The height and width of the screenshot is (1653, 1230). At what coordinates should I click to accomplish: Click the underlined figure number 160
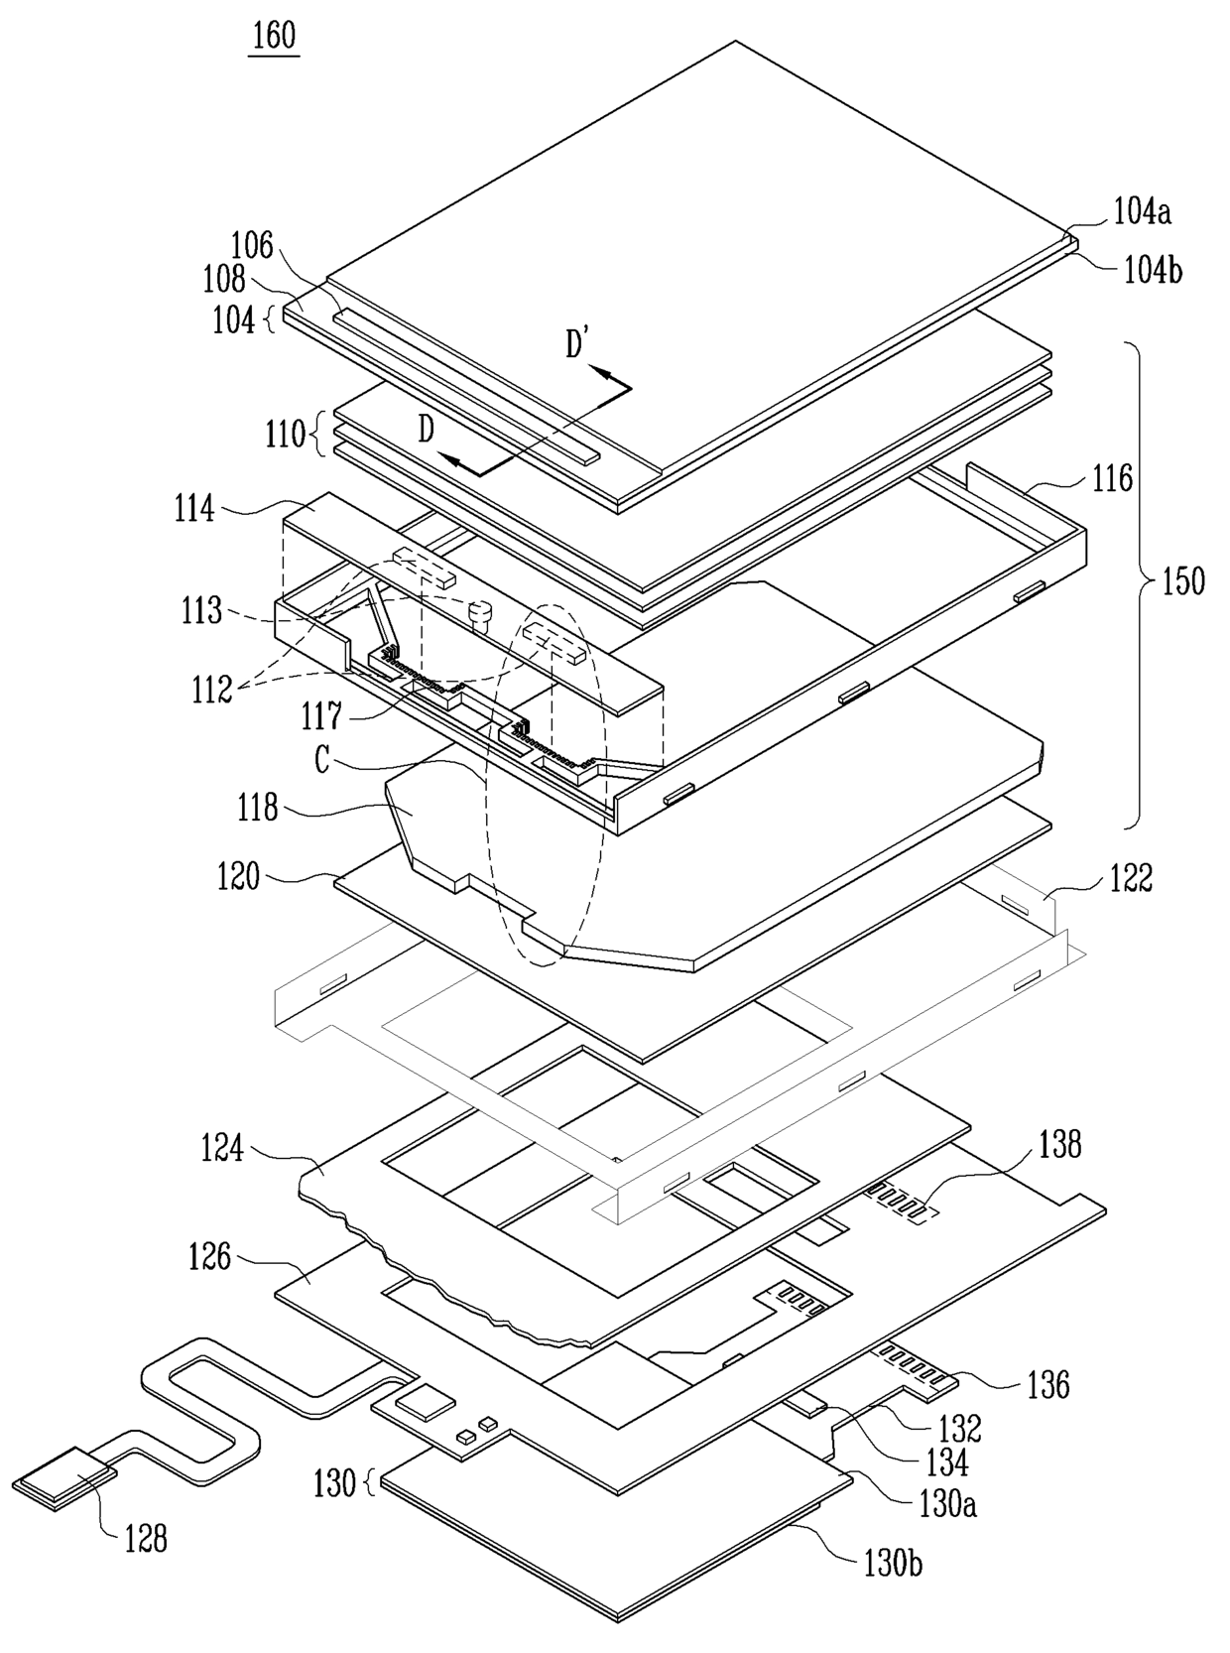[x=274, y=36]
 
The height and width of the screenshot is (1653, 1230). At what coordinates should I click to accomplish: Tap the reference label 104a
[x=1142, y=213]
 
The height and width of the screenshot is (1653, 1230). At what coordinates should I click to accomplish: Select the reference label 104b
[x=1153, y=271]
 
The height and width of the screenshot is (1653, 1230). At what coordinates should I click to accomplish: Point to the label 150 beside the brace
[x=1182, y=580]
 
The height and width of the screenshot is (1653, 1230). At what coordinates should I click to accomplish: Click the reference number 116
[x=1112, y=478]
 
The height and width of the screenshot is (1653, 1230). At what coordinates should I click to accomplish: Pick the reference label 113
[x=201, y=611]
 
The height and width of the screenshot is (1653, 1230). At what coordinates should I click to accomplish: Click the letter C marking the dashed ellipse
[x=321, y=761]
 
